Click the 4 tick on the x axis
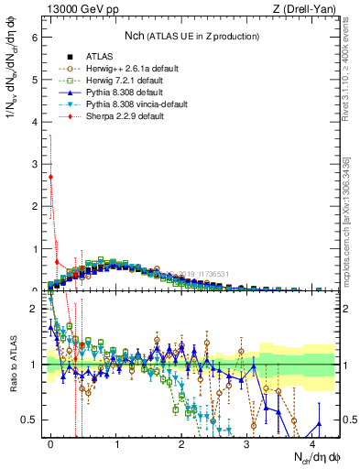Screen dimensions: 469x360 click(x=312, y=442)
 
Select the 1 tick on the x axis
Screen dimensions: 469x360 click(x=116, y=442)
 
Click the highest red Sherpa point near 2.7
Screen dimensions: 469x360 click(x=51, y=177)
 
